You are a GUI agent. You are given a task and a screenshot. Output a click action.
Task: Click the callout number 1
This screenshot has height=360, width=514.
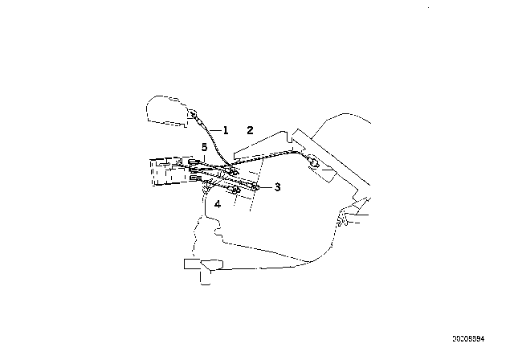pos(226,129)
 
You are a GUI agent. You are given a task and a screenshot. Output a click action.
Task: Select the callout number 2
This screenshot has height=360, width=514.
pos(250,129)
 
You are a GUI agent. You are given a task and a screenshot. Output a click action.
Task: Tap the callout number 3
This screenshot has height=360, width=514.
pos(277,187)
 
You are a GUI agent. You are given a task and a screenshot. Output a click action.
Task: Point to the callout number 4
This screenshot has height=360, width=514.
pos(217,205)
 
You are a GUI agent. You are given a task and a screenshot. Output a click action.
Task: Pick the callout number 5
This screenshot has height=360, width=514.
pos(205,148)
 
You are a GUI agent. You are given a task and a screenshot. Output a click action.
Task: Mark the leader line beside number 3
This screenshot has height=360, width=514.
pos(267,186)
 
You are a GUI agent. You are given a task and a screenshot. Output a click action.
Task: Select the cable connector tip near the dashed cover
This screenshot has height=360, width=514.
pos(197,121)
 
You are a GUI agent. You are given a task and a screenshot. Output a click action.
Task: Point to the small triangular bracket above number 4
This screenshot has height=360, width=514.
pos(209,189)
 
